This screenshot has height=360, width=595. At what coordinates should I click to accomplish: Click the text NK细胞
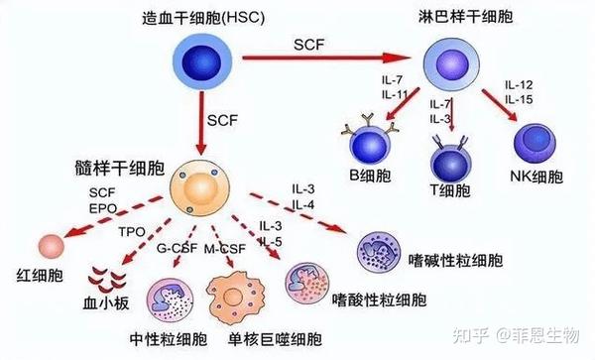click(x=539, y=178)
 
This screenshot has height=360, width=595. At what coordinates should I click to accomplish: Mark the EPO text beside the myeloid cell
click(x=103, y=205)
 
